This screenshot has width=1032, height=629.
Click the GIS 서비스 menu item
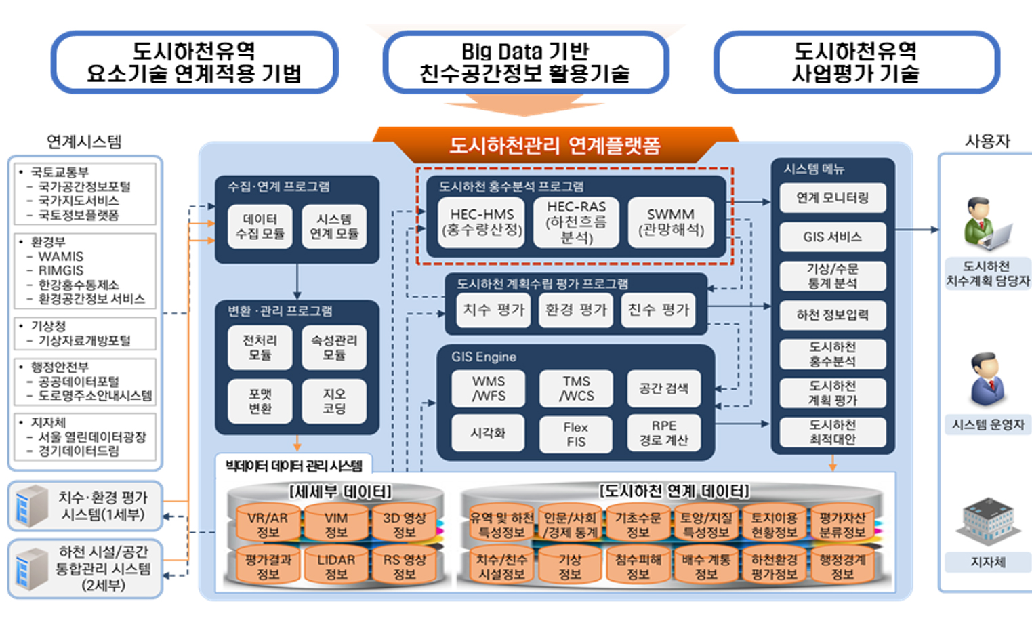coord(832,237)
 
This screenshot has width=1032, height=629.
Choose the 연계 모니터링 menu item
coord(832,198)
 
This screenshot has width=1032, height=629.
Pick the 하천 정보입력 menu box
coord(832,314)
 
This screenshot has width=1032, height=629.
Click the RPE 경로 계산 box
coord(663,433)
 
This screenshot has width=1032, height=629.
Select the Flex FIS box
coord(575,434)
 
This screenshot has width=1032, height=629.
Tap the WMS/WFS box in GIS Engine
coord(488,388)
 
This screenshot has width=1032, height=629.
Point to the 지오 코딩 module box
coord(333,401)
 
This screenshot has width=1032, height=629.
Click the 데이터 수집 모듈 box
coord(260,226)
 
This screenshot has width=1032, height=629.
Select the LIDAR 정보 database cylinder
coord(336,567)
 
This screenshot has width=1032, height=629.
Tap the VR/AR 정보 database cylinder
coord(268,525)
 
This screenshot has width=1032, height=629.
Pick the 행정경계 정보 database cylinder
coord(842,567)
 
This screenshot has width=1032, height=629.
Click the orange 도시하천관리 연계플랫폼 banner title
coord(554,144)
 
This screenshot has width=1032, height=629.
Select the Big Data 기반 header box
coord(525,62)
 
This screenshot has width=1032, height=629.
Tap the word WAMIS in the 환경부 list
coord(61,256)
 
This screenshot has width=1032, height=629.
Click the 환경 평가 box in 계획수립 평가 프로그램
coord(576,310)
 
